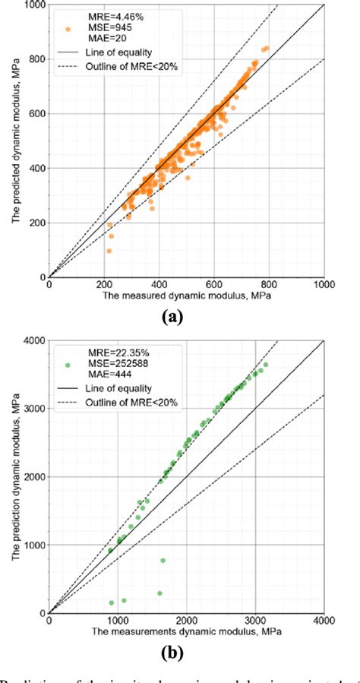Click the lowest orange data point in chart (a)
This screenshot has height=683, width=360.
pos(109,251)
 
